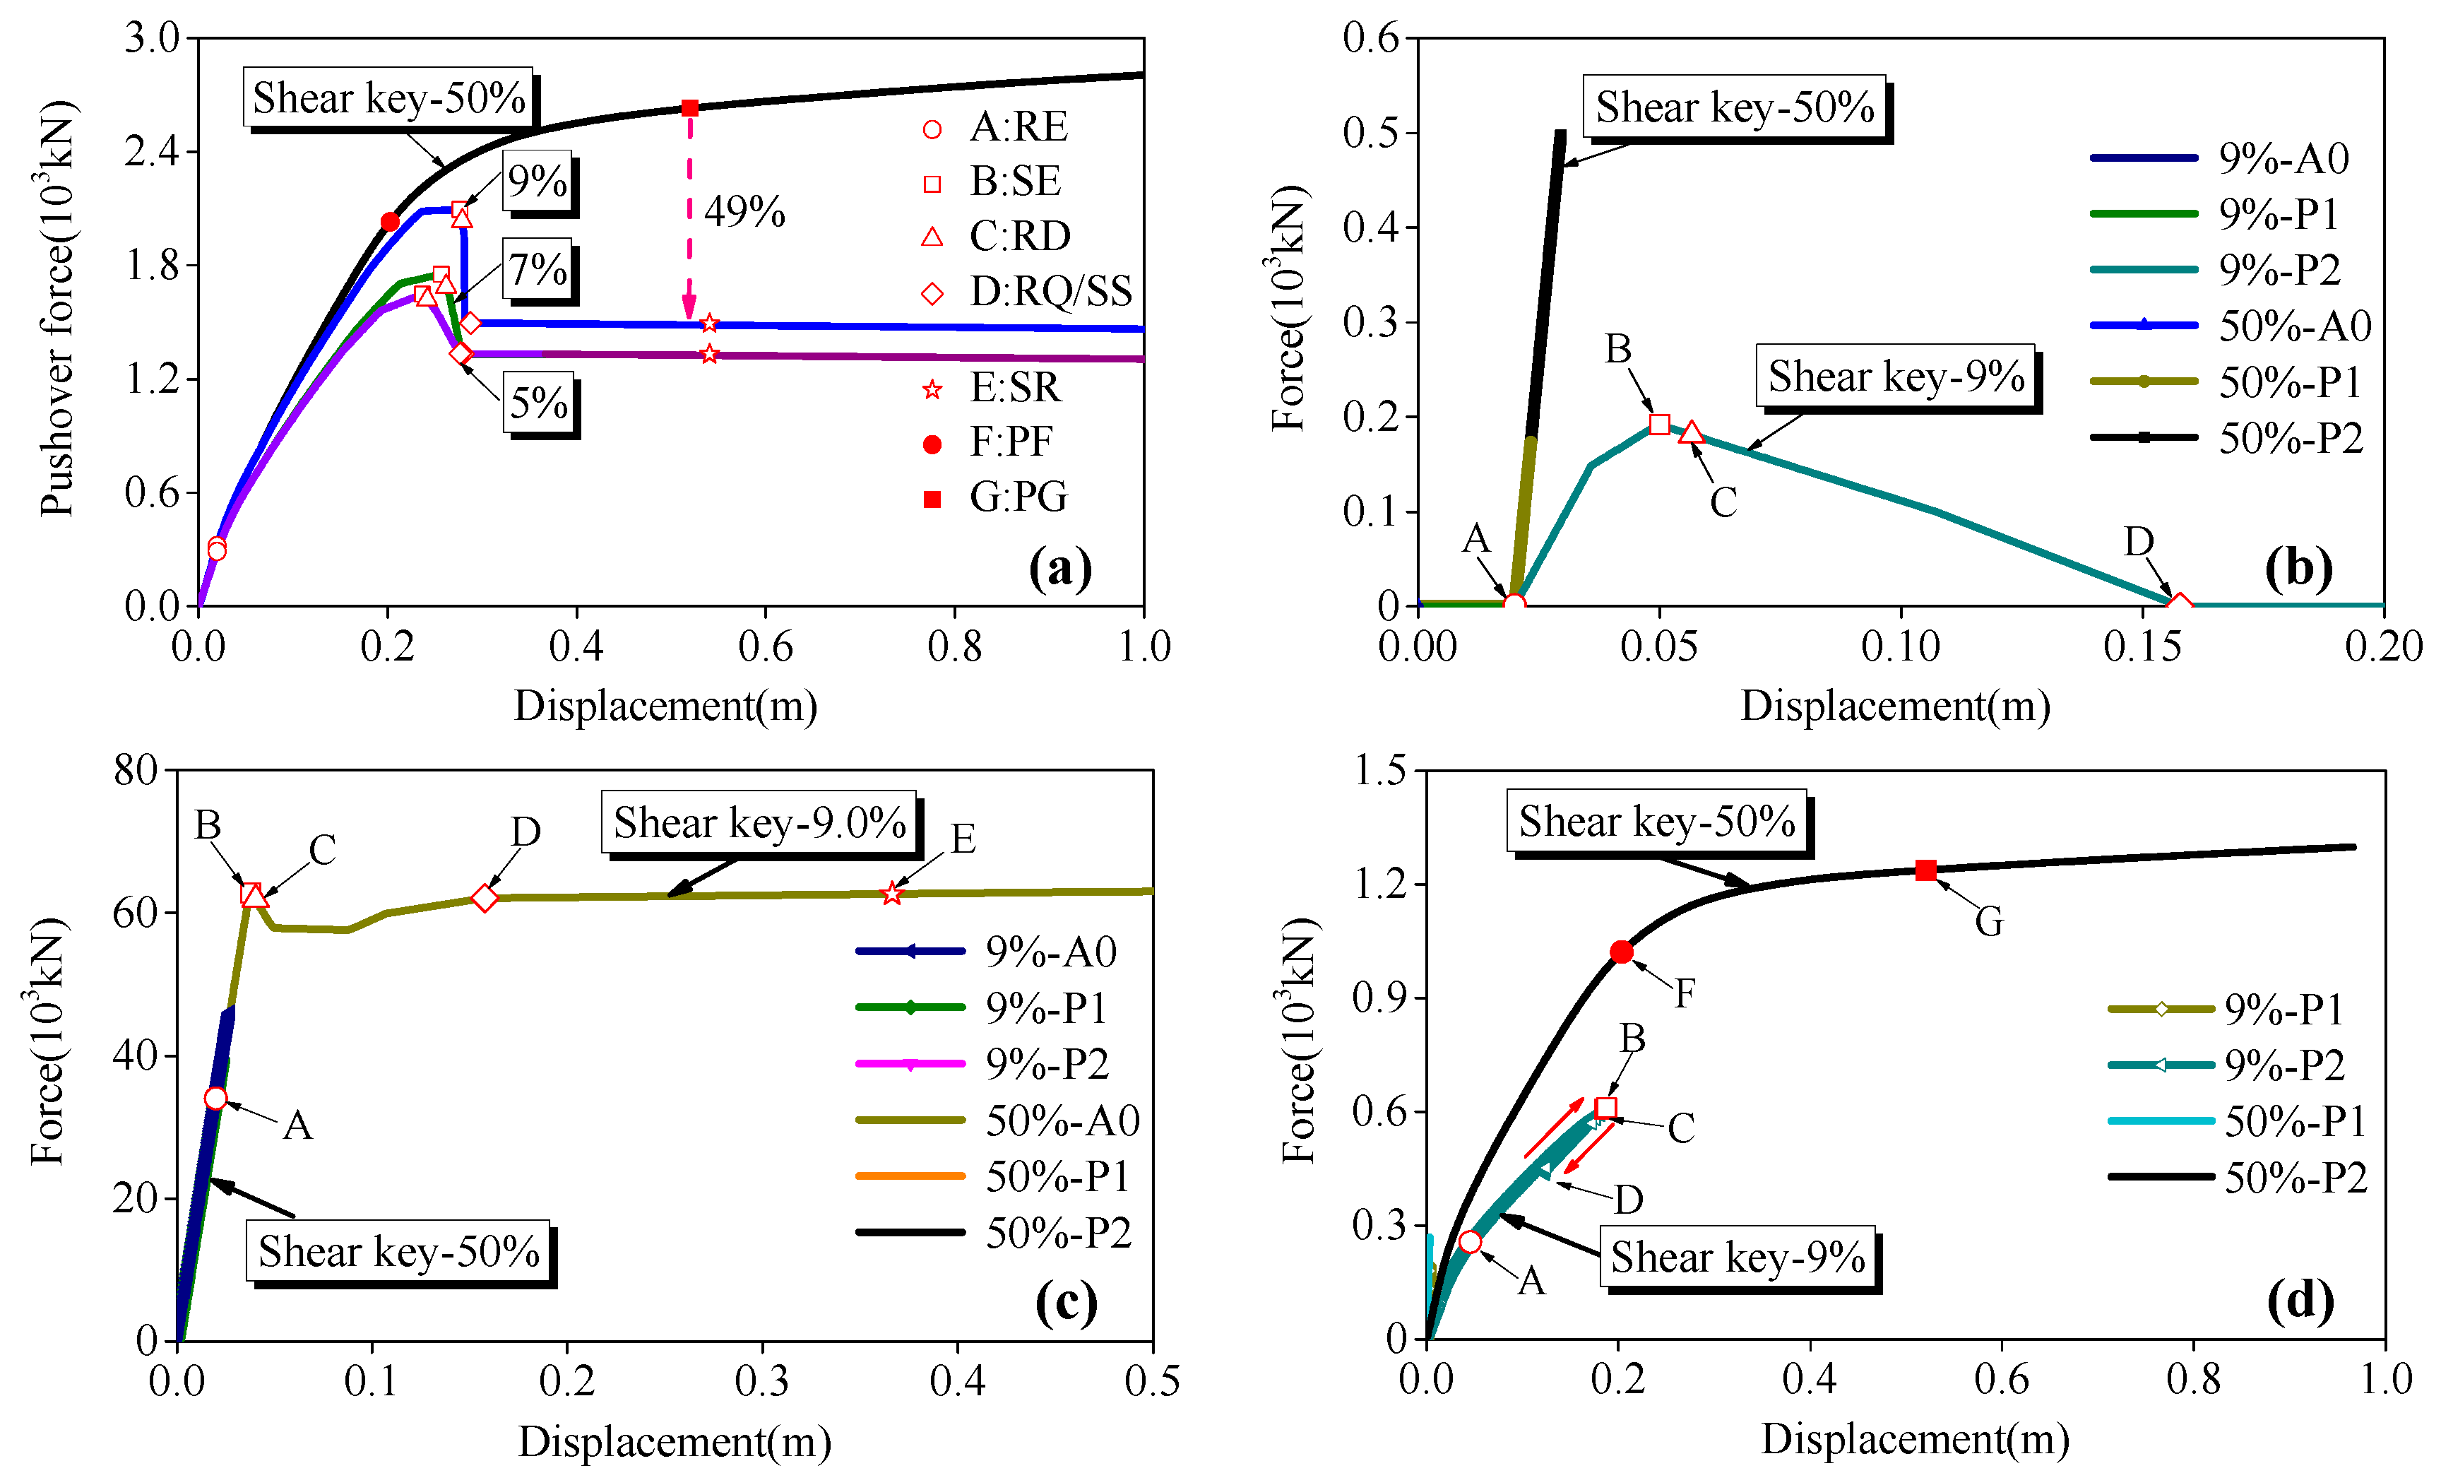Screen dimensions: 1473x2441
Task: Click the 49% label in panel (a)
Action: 744,212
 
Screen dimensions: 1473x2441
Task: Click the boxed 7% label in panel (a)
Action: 538,269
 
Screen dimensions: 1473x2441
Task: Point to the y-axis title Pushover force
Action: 57,309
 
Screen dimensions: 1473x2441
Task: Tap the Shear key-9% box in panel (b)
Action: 1895,377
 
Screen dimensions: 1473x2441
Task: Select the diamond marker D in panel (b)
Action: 2178,605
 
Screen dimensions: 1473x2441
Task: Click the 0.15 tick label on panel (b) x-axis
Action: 2142,648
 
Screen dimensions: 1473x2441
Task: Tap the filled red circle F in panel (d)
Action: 1622,953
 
